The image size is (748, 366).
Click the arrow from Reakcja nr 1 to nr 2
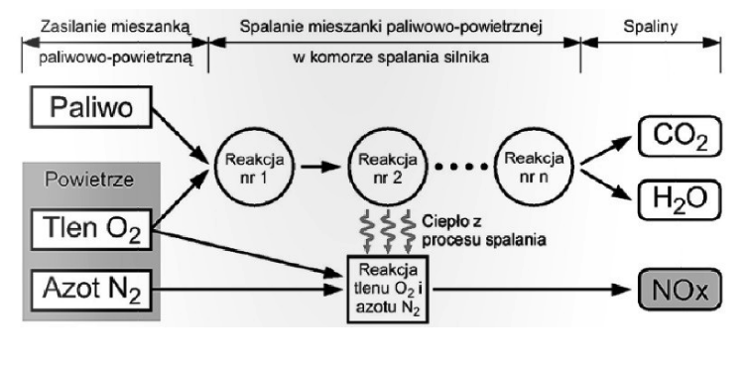(312, 164)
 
